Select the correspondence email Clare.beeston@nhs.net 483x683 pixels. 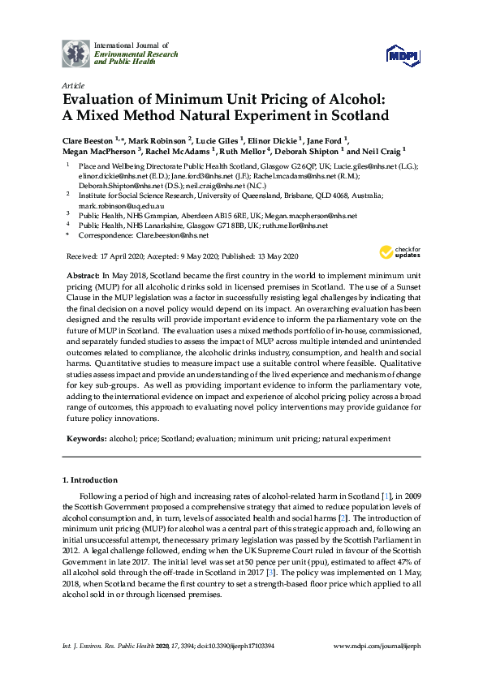[x=171, y=235]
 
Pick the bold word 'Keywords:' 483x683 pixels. [x=87, y=438]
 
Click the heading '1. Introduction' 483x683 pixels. [x=90, y=480]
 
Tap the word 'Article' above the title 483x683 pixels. [x=73, y=84]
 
